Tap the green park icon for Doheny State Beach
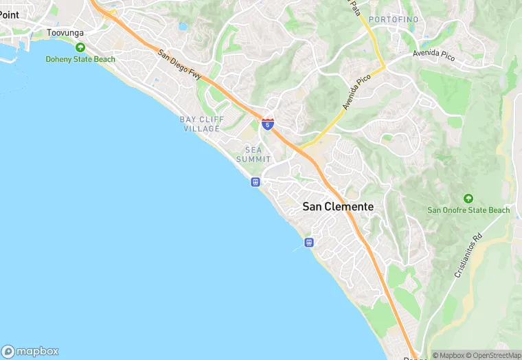tap(80, 47)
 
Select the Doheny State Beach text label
tap(80, 60)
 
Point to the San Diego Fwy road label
tap(179, 65)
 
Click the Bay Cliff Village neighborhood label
tap(202, 124)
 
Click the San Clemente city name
tap(339, 207)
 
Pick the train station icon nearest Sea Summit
tap(255, 182)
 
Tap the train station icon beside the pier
tap(309, 242)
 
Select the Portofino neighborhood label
tap(393, 19)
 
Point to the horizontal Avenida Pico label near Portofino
tap(433, 54)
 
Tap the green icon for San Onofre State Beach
tap(468, 198)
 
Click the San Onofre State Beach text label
tap(468, 210)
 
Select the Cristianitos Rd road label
tap(468, 255)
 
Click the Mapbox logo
tap(30, 350)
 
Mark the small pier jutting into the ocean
tap(298, 247)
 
